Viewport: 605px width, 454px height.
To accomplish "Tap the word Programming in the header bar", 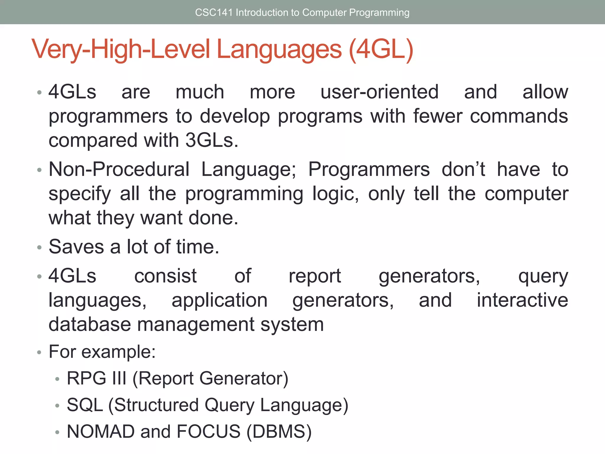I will (379, 12).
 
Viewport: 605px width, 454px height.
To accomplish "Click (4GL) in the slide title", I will (381, 49).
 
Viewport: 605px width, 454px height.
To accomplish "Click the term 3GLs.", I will (212, 140).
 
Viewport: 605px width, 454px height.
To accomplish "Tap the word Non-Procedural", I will (119, 169).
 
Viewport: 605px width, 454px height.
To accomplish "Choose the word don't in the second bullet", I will (463, 169).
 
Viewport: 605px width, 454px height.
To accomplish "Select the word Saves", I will (76, 247).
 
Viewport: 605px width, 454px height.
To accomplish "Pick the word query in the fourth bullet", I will (543, 277).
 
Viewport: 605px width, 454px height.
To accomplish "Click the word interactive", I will (522, 300).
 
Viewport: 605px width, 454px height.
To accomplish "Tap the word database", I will (90, 324).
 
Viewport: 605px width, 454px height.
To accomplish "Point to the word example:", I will (118, 352).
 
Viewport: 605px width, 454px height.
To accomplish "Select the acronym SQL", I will (85, 405).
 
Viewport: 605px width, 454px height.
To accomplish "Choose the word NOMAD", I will (101, 431).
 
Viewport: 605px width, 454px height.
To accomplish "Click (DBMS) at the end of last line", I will (279, 432).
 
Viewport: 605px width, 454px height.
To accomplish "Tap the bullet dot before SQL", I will (57, 406).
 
